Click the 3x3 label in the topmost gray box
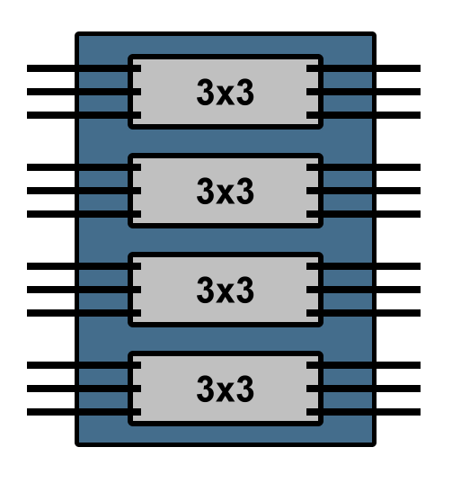click(x=226, y=92)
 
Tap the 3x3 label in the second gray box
click(x=226, y=191)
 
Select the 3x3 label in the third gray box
click(x=226, y=290)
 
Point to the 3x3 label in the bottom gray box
click(x=226, y=389)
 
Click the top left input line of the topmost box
click(x=84, y=68)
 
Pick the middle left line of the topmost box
click(x=84, y=92)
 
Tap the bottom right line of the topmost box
click(x=363, y=115)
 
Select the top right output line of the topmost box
click(x=363, y=68)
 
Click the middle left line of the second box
click(x=84, y=191)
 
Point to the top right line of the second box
click(x=363, y=167)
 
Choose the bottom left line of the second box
click(x=84, y=214)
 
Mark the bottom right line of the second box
click(x=363, y=214)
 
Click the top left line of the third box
click(x=84, y=266)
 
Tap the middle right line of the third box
click(x=363, y=290)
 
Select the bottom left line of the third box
click(x=84, y=313)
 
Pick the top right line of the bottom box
click(x=363, y=365)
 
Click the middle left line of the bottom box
click(x=84, y=389)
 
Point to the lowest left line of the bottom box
click(x=84, y=412)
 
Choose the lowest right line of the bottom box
click(x=363, y=412)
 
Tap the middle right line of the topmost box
click(x=363, y=92)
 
